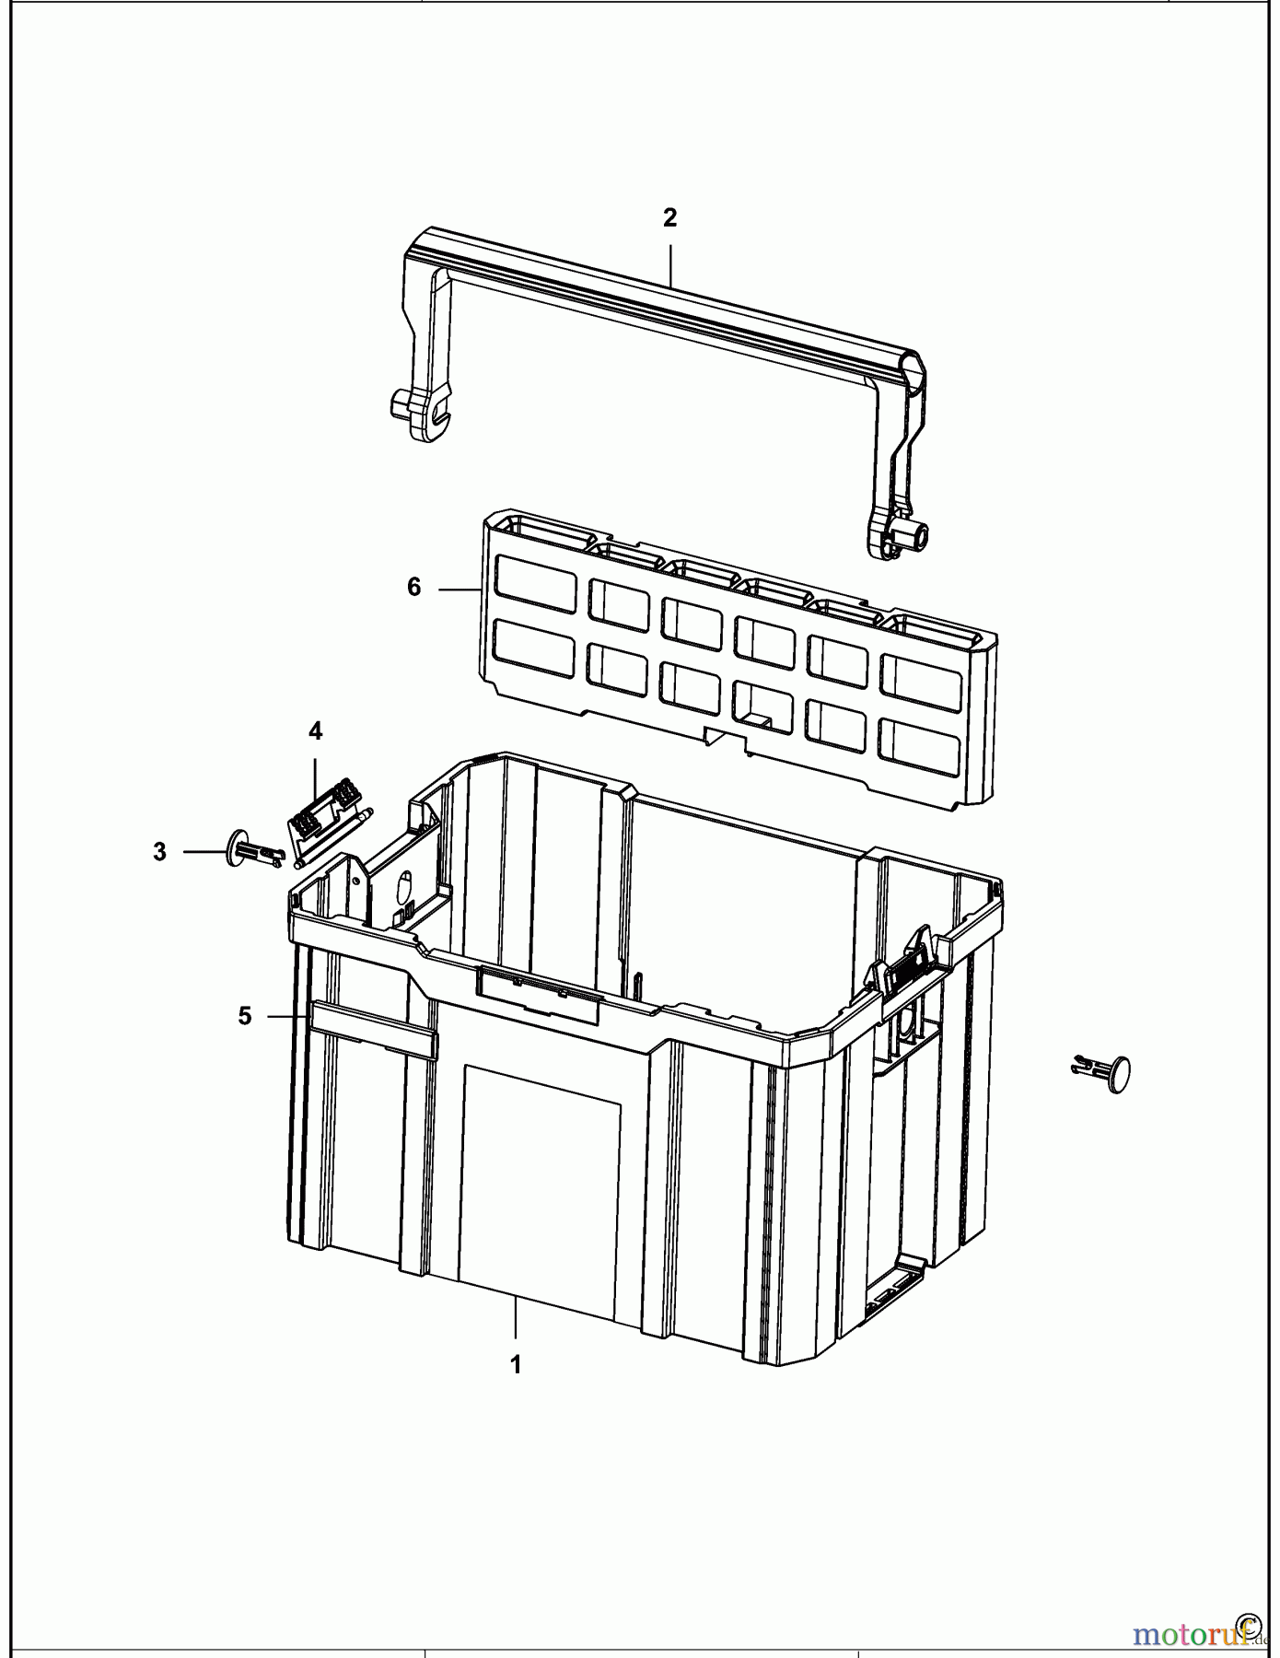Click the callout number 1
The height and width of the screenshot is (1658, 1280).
click(516, 1364)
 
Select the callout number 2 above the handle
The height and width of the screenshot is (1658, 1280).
click(669, 218)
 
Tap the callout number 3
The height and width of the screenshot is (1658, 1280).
click(160, 852)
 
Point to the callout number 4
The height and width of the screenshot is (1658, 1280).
click(315, 731)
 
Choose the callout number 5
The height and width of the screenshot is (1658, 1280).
click(244, 1016)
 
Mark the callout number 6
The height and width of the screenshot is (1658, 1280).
click(414, 587)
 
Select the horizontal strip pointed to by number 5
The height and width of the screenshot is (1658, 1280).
click(373, 1030)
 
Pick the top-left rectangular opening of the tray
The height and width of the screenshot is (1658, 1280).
click(535, 582)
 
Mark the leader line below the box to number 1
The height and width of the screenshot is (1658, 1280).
click(516, 1317)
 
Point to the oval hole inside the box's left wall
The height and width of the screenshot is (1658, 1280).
click(402, 890)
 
